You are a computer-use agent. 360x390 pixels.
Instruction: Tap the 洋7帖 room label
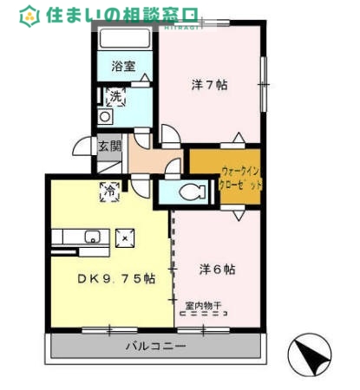coord(209,84)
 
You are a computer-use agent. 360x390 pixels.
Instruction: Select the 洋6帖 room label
coord(217,270)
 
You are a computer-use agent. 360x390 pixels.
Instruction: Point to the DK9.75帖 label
coord(115,278)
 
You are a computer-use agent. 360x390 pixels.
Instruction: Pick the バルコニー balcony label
coord(155,346)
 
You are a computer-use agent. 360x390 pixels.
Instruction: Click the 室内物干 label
coord(203,306)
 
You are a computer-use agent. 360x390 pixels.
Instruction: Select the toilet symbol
coord(188,192)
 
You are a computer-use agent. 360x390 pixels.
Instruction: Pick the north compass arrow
coord(311,354)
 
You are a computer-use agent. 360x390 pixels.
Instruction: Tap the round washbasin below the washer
coord(106,116)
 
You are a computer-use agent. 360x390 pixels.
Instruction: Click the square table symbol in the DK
coord(124,236)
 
